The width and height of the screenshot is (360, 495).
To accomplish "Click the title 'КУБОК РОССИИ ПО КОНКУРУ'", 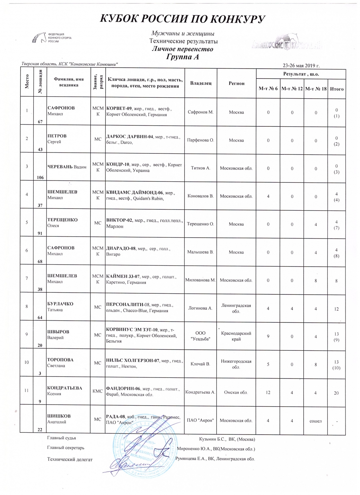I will pos(182,19).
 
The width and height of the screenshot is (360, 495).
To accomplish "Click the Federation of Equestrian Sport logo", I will pos(51,38).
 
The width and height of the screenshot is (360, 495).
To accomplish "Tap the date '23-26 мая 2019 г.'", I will pos(301,65).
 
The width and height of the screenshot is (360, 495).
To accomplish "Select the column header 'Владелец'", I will pos(201,83).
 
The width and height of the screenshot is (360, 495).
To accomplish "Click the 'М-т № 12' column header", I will pos(292,89).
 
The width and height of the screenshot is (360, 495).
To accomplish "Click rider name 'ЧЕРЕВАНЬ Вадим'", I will pos(67,167).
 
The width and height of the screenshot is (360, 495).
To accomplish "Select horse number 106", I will pos(40,177).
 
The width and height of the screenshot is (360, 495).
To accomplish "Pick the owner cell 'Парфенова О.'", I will pos(201,140).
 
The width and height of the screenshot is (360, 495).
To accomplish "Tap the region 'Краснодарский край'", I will pos(236,336).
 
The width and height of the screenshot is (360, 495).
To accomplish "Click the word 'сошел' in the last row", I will pos(315,421).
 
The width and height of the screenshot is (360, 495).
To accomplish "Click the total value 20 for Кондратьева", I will pos(336,393).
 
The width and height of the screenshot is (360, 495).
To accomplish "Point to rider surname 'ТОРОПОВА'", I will pos(60,360).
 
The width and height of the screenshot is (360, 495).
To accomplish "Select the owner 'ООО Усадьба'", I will pos(200,336).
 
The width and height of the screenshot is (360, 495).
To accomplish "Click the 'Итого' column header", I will pos(337,89).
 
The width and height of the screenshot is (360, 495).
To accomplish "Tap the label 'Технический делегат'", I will pos(70,459).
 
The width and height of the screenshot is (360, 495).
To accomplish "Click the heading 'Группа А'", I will pos(182,57).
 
